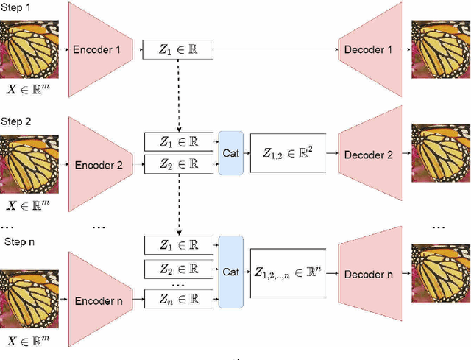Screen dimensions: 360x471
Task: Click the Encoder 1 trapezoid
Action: [x=100, y=50]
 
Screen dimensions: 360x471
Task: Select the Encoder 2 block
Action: [x=100, y=155]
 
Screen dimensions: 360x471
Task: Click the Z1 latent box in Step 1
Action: [x=179, y=51]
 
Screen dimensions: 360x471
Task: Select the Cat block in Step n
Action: [x=231, y=272]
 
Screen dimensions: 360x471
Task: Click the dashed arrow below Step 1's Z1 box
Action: [x=179, y=92]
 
